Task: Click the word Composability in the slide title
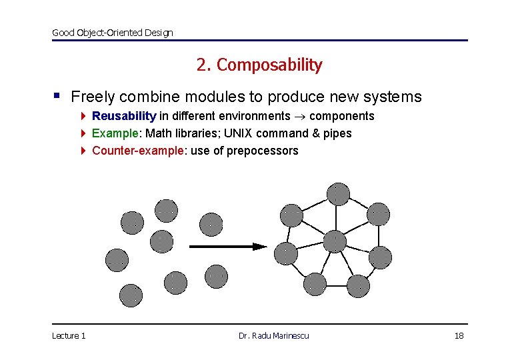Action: (269, 65)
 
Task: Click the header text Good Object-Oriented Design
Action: (113, 33)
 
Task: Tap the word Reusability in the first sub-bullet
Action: (124, 116)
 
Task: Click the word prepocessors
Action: (263, 150)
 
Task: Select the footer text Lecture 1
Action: (69, 335)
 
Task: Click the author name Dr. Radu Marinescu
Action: (274, 335)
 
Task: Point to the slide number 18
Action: (459, 335)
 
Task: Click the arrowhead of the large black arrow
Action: (260, 246)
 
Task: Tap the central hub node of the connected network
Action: (333, 240)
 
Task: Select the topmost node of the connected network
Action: (338, 193)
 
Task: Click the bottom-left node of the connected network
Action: (315, 285)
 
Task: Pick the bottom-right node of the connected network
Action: (358, 286)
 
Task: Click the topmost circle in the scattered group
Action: (167, 210)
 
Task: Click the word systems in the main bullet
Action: (393, 97)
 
